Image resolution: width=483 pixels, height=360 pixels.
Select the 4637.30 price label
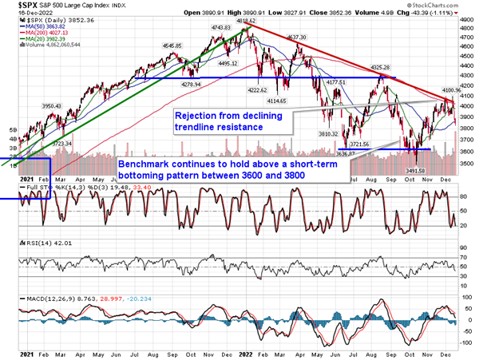click(x=297, y=37)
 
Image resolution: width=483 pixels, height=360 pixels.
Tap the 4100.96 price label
click(x=443, y=91)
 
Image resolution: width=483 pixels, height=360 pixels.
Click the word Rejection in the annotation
click(x=199, y=115)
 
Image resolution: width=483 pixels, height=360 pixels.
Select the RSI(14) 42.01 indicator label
click(x=31, y=239)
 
